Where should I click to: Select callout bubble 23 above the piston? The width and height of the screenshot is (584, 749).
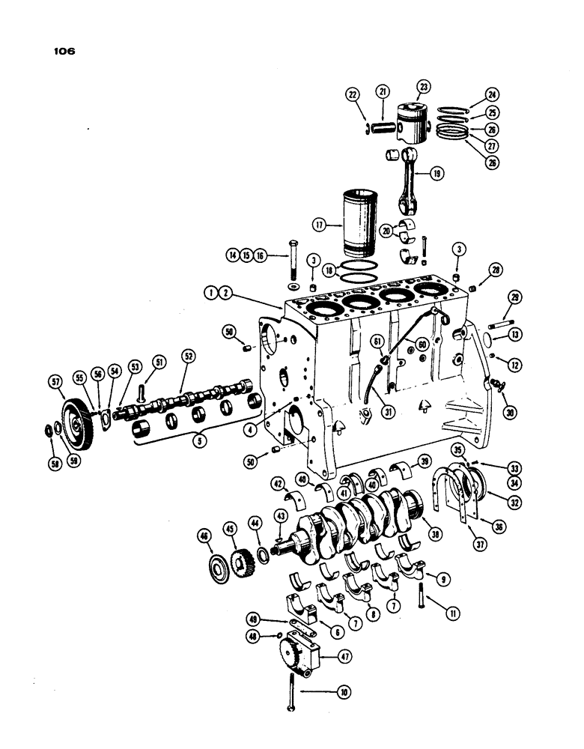point(424,88)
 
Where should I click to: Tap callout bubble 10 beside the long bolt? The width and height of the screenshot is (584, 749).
point(344,692)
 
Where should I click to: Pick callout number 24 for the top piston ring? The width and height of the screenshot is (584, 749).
point(491,96)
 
